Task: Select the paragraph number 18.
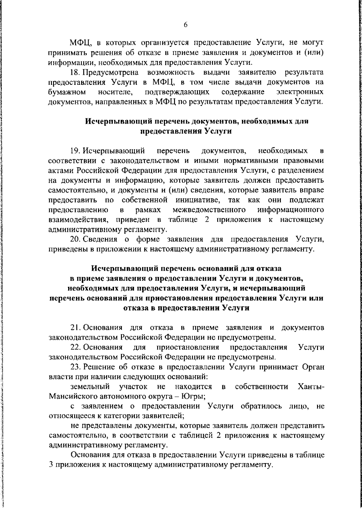(75, 73)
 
